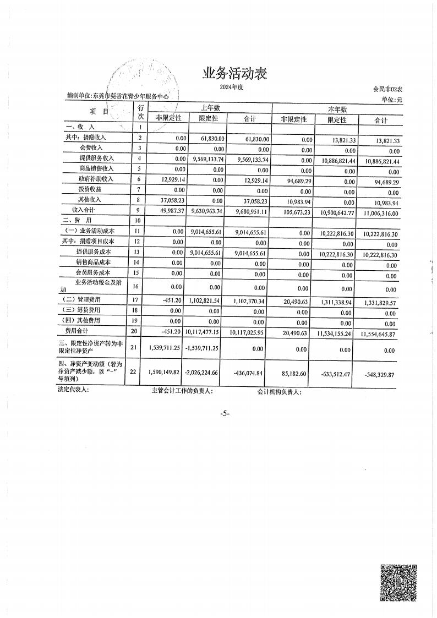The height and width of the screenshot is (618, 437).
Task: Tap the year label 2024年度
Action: pos(231,87)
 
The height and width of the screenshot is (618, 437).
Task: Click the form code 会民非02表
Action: pos(388,89)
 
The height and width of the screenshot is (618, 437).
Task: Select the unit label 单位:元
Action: pos(392,99)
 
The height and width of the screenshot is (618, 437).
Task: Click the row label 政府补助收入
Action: pos(96,179)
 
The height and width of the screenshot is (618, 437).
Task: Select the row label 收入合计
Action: pos(84,210)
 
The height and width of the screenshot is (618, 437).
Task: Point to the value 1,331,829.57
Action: pos(380,303)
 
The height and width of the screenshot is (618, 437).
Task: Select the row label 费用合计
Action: pos(77,331)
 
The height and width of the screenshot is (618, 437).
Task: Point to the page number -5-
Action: pos(223,413)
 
